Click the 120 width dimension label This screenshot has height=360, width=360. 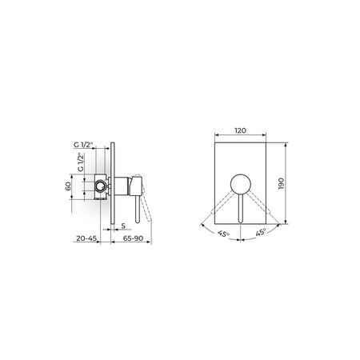tap(240, 130)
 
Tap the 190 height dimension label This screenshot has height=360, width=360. tap(281, 183)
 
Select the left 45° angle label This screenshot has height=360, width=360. tap(223, 234)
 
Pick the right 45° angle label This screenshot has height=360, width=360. tap(261, 232)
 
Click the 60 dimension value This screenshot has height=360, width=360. tap(68, 186)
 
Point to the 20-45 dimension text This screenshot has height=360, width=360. tap(86, 238)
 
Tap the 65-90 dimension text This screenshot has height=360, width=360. tap(133, 238)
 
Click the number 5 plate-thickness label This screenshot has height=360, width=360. tap(123, 226)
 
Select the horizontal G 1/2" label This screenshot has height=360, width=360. tap(83, 145)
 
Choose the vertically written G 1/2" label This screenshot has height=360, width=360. tap(81, 162)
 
